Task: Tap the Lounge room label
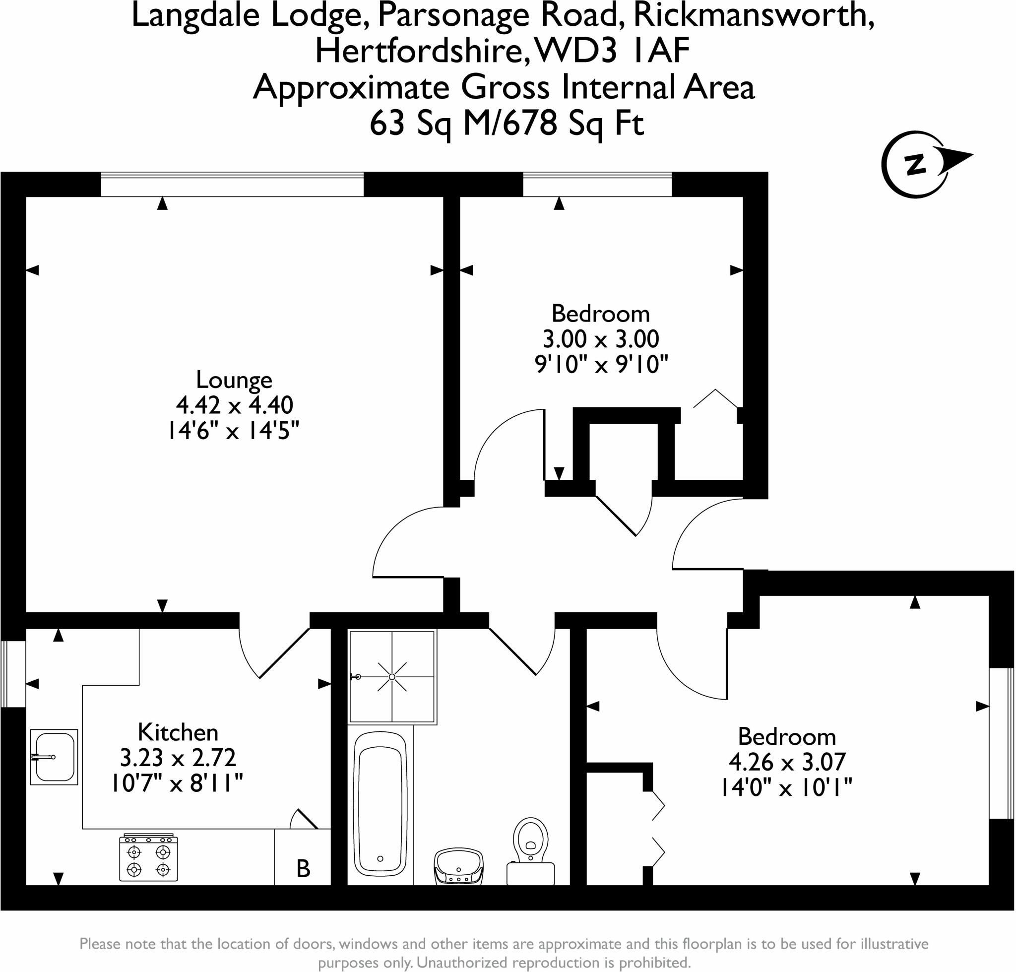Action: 234,380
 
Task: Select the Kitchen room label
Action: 178,733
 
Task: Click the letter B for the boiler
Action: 303,868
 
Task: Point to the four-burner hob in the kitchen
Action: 148,857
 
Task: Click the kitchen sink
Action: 54,757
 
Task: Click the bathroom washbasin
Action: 458,867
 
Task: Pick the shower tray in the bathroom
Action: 392,677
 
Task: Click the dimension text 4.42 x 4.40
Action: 235,405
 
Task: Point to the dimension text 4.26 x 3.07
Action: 787,762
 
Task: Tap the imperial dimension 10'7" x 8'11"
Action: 177,783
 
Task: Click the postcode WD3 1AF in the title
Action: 612,51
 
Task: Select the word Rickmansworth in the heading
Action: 754,15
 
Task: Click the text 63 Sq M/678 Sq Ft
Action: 507,125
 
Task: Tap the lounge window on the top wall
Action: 232,185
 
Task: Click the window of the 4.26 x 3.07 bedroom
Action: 1001,743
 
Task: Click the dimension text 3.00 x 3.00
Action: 601,339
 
